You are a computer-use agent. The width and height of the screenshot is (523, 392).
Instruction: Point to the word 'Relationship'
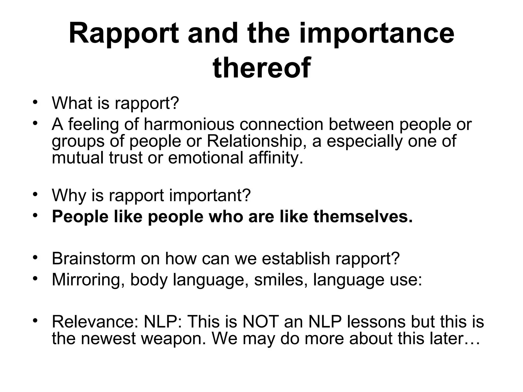tap(254, 141)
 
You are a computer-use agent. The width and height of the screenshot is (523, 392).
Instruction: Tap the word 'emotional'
tap(206, 158)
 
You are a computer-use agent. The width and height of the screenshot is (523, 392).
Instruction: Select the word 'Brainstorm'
tap(93, 258)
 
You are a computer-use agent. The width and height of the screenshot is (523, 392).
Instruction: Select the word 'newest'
tap(108, 338)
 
